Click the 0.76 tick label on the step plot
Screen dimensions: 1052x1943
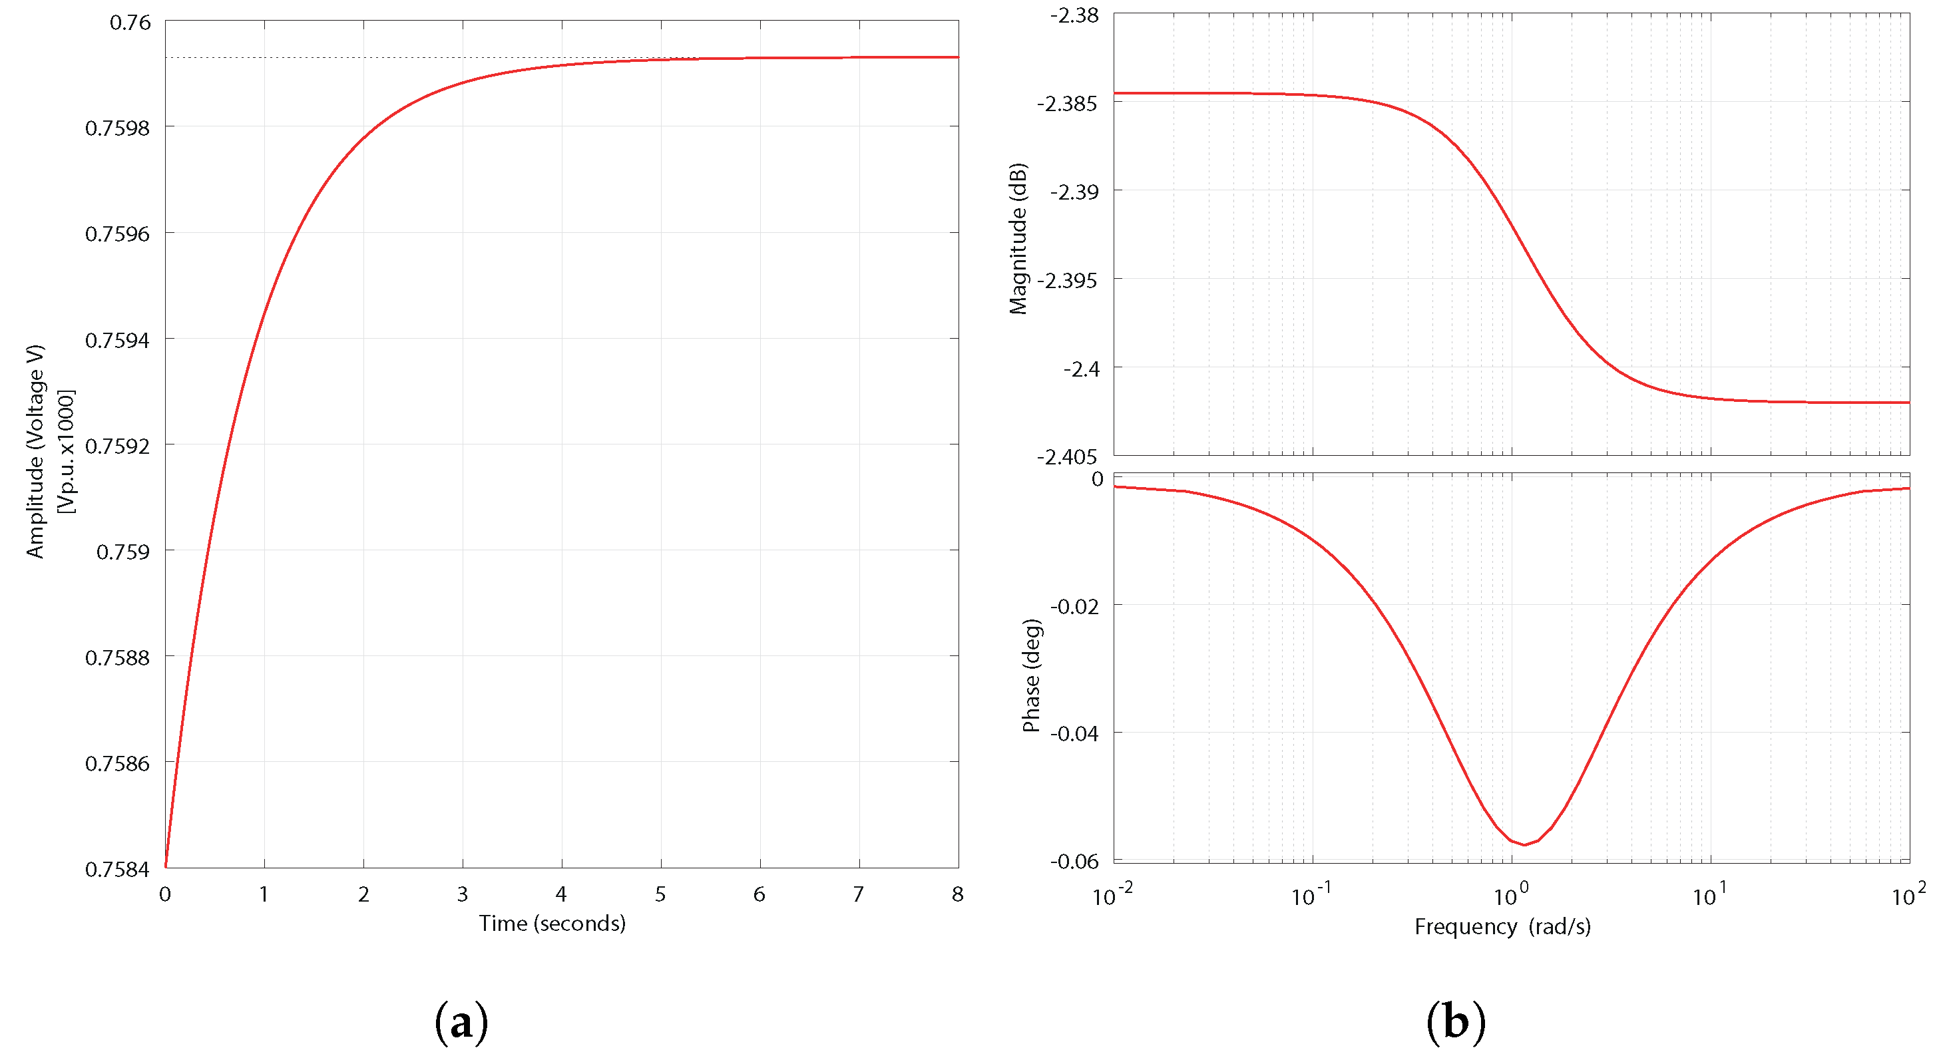[x=130, y=23]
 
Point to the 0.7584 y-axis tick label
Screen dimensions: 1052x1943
[x=118, y=870]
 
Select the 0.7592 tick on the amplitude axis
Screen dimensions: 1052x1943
[x=118, y=446]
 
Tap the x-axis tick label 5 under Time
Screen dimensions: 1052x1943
[x=661, y=894]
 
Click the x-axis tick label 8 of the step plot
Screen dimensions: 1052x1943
[x=958, y=894]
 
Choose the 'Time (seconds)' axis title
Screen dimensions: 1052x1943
[x=552, y=923]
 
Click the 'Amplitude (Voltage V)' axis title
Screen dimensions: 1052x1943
[x=35, y=452]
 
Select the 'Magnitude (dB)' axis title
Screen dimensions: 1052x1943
[x=1018, y=238]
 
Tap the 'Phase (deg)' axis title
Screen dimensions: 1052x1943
[x=1031, y=675]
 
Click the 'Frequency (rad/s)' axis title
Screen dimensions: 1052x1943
[x=1502, y=927]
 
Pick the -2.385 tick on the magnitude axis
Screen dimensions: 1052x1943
[x=1066, y=103]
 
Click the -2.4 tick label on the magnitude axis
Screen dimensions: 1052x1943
[x=1080, y=369]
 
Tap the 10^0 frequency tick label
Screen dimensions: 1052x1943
[x=1511, y=895]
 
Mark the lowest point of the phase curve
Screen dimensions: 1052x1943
[x=1524, y=844]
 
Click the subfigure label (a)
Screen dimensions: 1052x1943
[x=461, y=1023]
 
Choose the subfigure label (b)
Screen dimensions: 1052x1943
[x=1456, y=1023]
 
